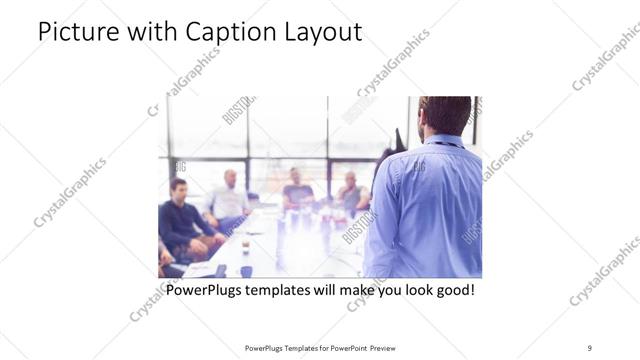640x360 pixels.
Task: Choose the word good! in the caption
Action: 452,291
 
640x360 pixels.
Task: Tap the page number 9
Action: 589,347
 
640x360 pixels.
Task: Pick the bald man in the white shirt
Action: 229,198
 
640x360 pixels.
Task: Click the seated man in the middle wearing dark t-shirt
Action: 296,189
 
